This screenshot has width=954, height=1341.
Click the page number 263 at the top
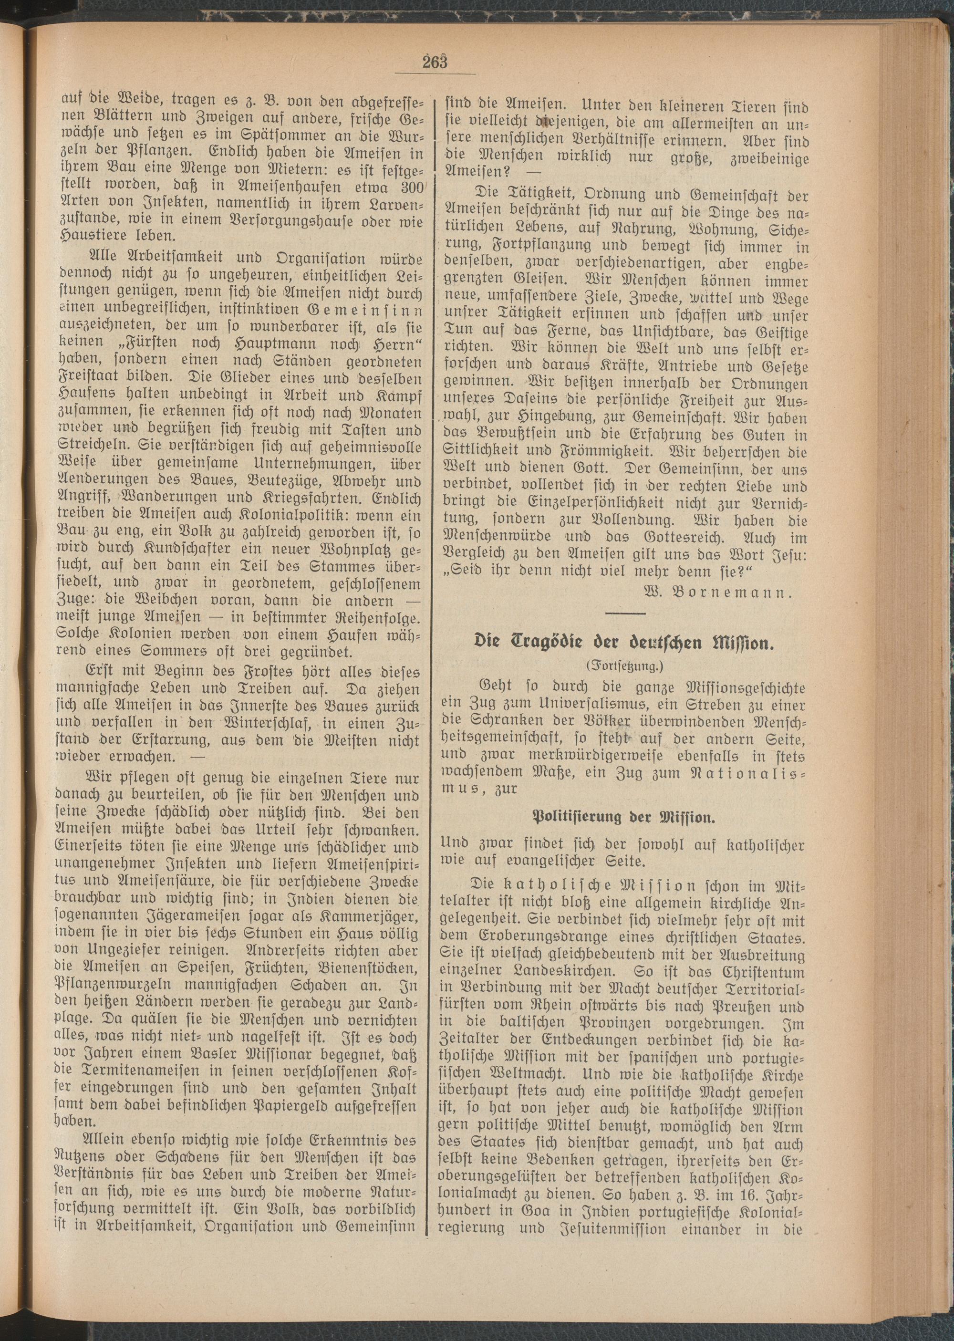435,61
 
